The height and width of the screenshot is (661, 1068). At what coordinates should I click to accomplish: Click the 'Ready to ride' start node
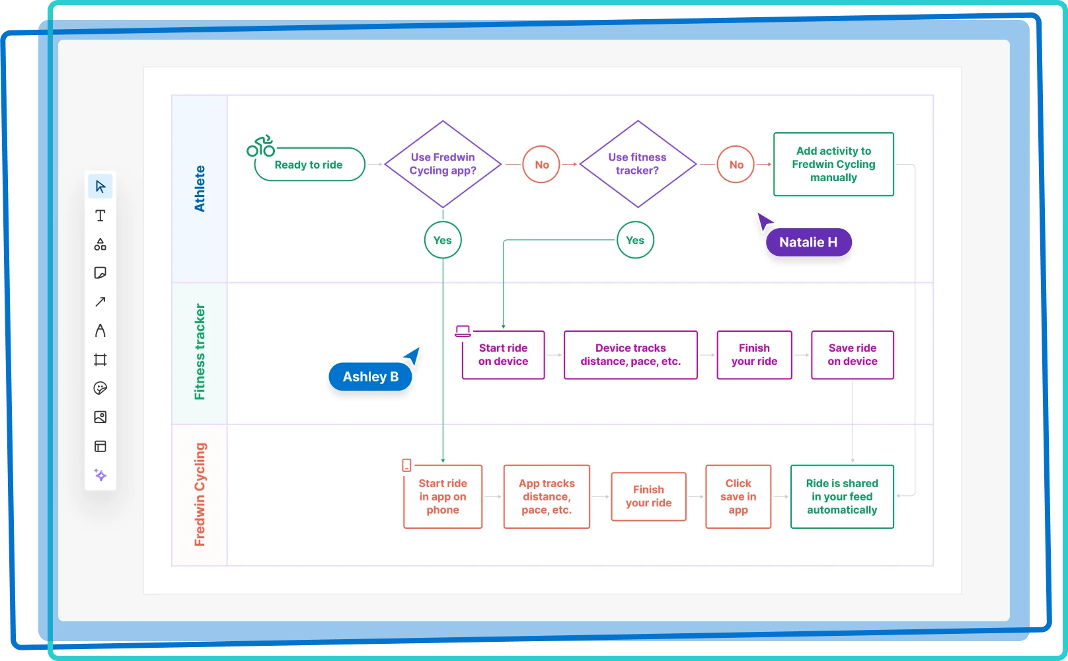[309, 165]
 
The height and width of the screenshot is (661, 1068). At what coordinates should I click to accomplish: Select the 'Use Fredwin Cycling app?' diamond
[443, 164]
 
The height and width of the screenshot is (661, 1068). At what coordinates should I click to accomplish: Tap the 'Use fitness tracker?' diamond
[637, 164]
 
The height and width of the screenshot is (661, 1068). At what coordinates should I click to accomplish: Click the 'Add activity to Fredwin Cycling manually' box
[833, 164]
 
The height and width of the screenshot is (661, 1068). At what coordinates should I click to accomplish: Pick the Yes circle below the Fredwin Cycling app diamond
[443, 240]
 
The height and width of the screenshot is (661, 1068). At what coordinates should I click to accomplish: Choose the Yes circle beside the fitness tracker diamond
[635, 240]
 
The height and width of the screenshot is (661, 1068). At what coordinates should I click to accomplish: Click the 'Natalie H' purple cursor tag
[808, 242]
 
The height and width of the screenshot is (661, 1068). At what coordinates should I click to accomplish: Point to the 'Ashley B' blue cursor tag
[370, 377]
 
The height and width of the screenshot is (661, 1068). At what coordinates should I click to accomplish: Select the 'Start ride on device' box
[503, 355]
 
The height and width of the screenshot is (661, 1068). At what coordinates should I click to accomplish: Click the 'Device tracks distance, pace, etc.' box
[630, 355]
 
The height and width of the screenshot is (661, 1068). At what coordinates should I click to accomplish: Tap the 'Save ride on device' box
[852, 355]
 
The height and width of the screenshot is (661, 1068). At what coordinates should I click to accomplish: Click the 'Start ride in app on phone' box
[443, 496]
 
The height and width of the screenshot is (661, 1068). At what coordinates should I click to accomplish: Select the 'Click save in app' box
[738, 496]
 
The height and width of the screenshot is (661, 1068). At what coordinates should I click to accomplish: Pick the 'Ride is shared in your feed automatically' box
[842, 496]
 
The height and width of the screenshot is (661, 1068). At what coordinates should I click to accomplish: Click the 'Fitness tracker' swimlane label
[200, 352]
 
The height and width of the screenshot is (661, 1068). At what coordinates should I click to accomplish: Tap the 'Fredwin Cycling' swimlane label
[200, 494]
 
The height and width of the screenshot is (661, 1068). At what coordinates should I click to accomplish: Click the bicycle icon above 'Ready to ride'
[261, 146]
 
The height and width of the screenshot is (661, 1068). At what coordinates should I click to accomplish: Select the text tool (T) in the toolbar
[100, 215]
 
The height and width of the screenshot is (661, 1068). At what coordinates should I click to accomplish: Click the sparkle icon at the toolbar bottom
[100, 475]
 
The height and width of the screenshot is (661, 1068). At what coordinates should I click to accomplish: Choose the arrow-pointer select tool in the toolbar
[100, 186]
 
